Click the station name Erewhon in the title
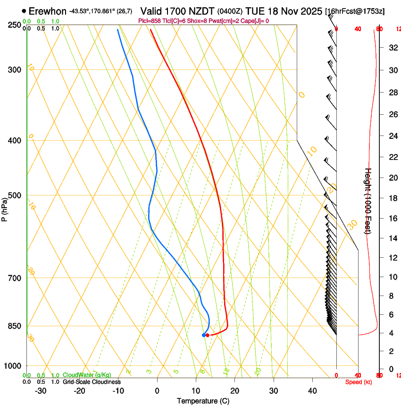point(48,11)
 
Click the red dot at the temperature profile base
point(208,335)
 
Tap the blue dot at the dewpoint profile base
point(204,335)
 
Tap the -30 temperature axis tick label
point(41,391)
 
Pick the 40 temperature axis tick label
point(312,391)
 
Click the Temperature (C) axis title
point(203,401)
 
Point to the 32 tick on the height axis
point(393,48)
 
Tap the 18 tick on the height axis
point(393,198)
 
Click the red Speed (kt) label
point(359,382)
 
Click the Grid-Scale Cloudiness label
point(92,382)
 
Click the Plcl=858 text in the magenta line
point(150,21)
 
